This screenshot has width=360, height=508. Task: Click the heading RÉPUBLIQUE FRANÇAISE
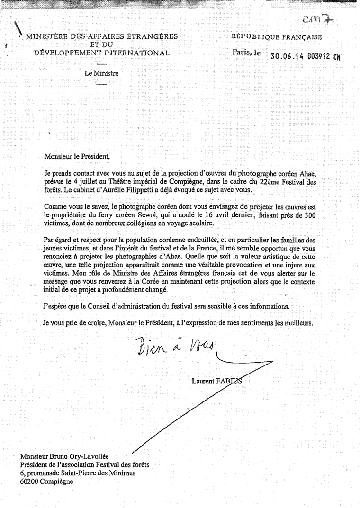coord(277,37)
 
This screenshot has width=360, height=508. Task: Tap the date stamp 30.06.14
coord(285,56)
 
